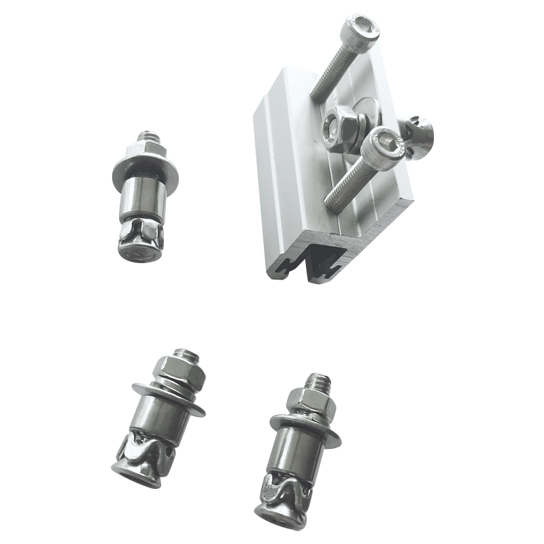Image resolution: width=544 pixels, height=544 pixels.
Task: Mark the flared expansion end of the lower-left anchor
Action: (140, 462)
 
